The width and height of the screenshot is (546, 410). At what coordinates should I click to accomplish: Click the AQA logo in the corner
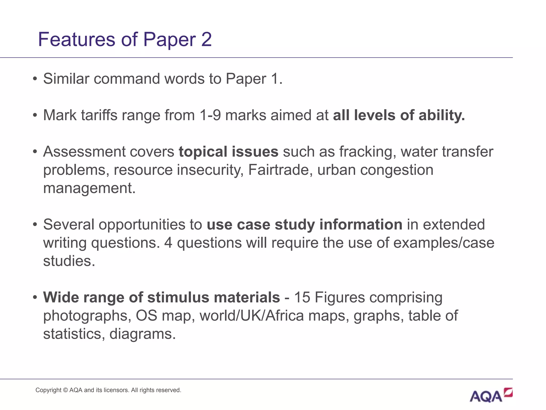(x=491, y=396)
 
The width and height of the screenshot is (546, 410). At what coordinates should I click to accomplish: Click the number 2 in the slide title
(x=206, y=40)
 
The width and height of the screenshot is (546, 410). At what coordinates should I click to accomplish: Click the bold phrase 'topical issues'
(x=228, y=152)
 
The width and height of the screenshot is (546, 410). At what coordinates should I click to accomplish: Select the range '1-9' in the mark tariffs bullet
(x=210, y=115)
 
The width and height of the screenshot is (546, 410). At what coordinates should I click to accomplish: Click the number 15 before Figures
(x=302, y=297)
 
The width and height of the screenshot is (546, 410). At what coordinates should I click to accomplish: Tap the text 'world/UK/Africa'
(x=252, y=316)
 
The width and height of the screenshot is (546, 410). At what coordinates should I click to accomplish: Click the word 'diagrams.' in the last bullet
(x=143, y=334)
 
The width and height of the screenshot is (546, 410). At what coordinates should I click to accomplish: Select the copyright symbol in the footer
(x=66, y=390)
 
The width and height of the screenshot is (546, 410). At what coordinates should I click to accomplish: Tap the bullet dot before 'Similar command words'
(x=35, y=79)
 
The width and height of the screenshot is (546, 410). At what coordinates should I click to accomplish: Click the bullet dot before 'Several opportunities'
(x=35, y=225)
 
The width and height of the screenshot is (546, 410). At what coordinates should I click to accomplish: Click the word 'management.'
(x=90, y=188)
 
